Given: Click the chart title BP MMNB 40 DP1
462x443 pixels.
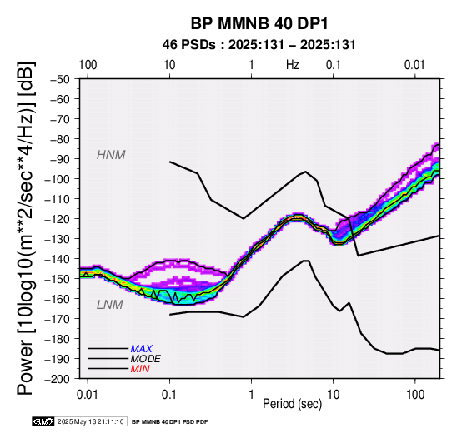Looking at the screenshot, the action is point(259,24).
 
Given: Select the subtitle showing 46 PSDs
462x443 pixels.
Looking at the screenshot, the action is point(259,45).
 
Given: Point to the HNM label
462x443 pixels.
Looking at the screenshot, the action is point(111,155).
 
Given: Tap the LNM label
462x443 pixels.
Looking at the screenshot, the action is point(110,305).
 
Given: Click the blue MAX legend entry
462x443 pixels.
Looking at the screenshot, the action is point(142,349).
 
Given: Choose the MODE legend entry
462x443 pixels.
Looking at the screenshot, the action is point(146,359).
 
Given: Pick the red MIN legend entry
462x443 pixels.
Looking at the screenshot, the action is point(140,369).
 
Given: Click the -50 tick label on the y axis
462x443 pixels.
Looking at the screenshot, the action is point(60,79).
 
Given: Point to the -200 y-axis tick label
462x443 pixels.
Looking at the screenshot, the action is point(58,379).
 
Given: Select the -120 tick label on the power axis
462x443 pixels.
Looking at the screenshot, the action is point(58,219).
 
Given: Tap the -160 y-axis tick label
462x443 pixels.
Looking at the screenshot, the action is point(58,299).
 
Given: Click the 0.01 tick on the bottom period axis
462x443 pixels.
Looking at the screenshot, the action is point(88,395).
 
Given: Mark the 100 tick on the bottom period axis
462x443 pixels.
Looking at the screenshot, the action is point(415,395).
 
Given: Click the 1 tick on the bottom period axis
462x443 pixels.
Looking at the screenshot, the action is point(251,395).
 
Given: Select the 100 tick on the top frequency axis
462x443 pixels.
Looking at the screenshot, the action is point(88,65).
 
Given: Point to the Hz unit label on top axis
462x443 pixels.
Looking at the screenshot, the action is point(293,65).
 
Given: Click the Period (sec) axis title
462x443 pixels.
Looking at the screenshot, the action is point(292,404).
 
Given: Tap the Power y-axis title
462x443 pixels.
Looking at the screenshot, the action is point(26,228).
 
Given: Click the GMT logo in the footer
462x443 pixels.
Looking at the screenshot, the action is point(43,422).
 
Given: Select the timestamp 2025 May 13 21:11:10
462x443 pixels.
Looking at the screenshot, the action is point(90,422).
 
